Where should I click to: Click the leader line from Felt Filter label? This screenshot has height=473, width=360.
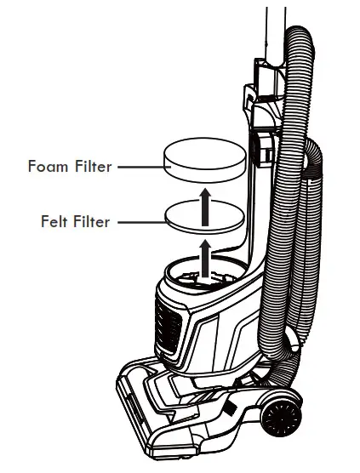point(139,222)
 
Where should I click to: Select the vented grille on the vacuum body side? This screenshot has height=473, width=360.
point(167,323)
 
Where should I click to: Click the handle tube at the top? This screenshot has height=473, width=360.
point(274,34)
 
